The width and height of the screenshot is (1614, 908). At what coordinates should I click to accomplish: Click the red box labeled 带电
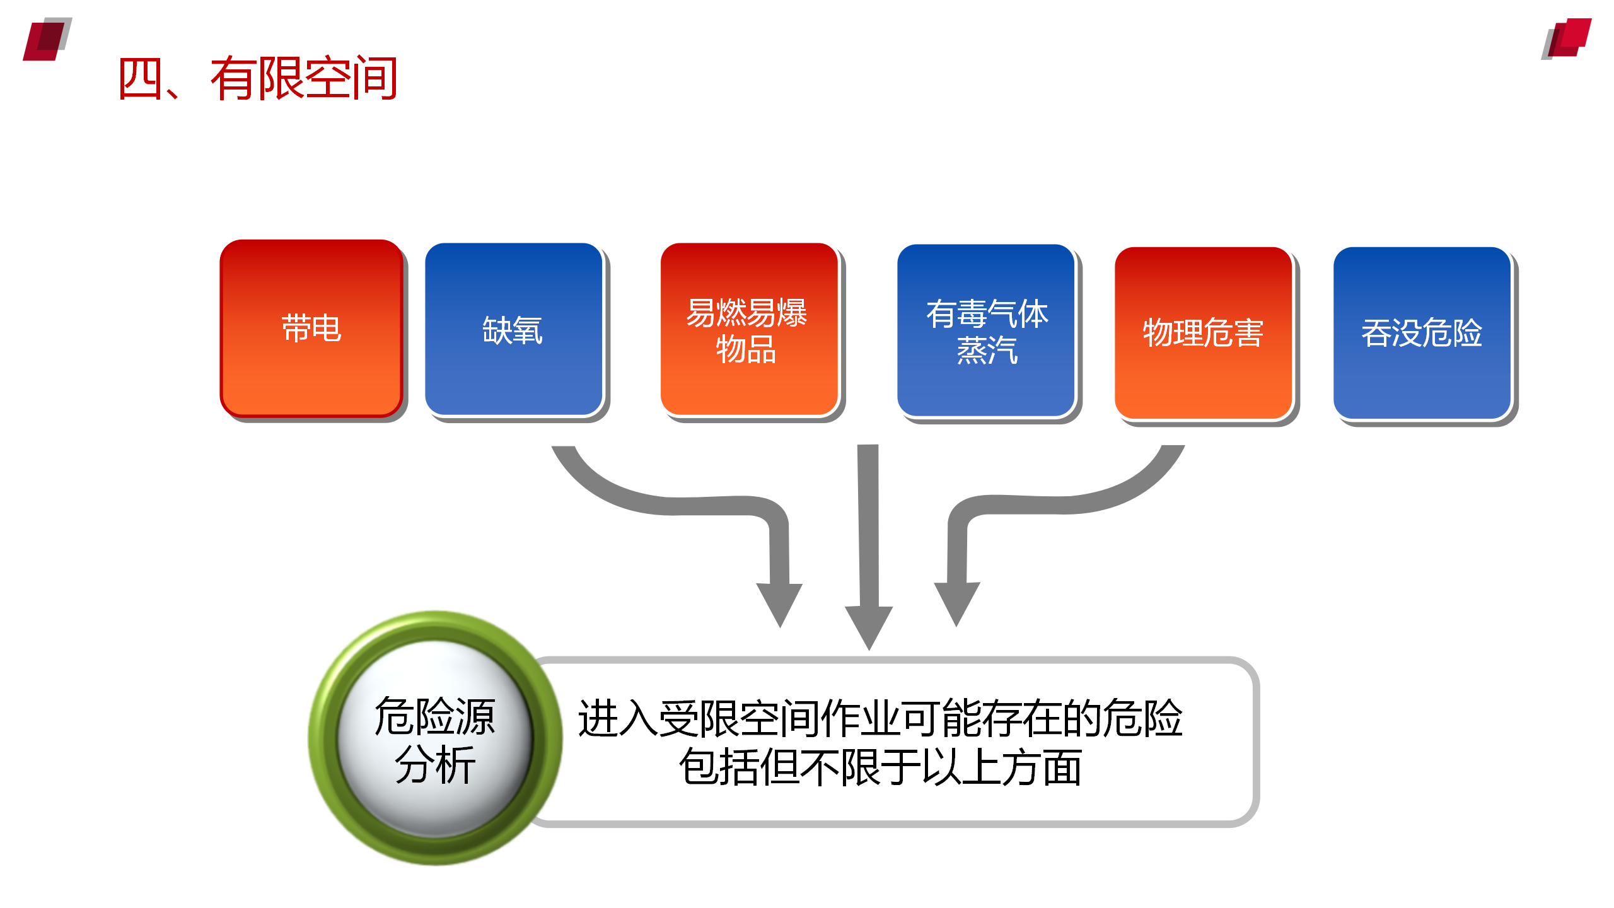[x=311, y=328]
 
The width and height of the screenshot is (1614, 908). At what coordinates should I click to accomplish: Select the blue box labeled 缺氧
[x=514, y=329]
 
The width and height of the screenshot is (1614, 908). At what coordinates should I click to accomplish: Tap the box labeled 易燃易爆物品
[x=749, y=329]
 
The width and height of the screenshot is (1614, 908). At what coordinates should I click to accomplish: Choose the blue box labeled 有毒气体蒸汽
[x=986, y=330]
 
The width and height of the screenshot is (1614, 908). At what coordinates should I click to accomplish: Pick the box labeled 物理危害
[x=1204, y=333]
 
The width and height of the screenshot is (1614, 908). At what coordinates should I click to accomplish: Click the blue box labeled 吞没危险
[x=1422, y=333]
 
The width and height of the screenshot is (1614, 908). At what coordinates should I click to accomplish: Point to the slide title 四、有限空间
[x=258, y=78]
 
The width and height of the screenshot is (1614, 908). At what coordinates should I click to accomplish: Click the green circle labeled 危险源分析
[x=435, y=738]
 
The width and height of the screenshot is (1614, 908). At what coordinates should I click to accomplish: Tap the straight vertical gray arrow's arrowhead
[x=869, y=627]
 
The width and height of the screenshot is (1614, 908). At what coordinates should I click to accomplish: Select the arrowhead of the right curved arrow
[x=957, y=603]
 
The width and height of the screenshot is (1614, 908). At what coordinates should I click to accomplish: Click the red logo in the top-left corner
[x=47, y=39]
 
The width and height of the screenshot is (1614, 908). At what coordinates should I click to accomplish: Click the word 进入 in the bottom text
[x=618, y=718]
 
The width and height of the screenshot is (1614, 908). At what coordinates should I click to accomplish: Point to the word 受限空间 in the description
[x=739, y=718]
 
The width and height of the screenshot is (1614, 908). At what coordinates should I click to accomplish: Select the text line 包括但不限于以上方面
[x=881, y=767]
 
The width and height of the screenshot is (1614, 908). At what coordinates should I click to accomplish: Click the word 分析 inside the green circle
[x=435, y=764]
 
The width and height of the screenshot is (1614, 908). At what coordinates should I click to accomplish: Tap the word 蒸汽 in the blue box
[x=987, y=350]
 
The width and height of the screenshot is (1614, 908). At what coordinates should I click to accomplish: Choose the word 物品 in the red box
[x=746, y=349]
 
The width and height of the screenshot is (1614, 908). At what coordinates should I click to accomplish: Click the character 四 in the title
[x=140, y=78]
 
